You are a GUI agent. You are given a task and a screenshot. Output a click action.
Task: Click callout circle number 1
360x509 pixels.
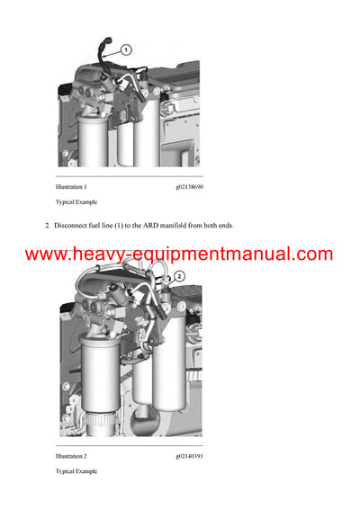coord(126,50)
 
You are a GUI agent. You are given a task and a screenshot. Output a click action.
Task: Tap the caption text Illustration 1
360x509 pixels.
coord(71,186)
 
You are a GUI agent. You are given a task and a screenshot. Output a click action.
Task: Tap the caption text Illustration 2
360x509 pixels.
coord(71,456)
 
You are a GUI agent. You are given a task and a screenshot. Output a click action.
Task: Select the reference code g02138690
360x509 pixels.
coord(190,186)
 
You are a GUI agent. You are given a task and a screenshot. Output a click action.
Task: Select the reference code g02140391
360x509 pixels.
coord(190,456)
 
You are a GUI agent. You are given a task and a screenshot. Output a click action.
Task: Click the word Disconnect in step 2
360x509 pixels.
coord(73,225)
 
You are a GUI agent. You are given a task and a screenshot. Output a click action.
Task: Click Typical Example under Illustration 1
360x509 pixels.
coord(76,202)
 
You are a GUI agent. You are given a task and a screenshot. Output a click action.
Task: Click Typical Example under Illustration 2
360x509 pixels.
coord(76,471)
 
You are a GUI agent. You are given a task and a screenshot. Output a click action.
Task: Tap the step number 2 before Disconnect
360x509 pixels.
coord(47,225)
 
